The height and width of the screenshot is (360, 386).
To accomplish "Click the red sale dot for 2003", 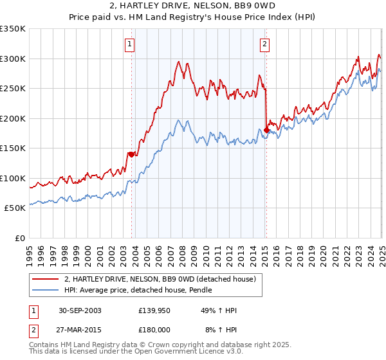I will point(131,154).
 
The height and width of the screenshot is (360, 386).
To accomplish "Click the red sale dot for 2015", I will point(266,130).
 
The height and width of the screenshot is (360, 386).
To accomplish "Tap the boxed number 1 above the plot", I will point(131,44).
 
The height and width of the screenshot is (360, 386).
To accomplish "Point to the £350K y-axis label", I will point(13,29).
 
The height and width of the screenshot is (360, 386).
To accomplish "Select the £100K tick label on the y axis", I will point(13,178).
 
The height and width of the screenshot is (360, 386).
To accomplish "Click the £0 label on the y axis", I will point(20,238).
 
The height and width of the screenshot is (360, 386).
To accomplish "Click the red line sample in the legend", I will point(46,279).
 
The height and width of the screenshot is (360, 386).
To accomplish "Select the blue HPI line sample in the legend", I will point(46,290).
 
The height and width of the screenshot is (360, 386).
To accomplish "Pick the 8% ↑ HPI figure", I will point(221,330).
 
